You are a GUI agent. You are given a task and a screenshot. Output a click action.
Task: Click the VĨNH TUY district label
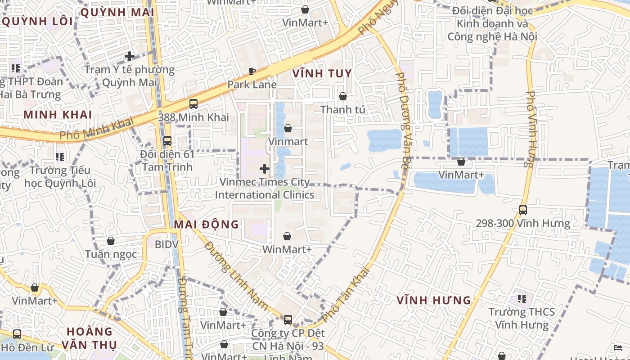(x=322, y=74)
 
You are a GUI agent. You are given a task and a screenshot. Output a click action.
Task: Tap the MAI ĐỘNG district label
(x=207, y=224)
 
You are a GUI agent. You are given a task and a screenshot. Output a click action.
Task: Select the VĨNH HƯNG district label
(x=434, y=300)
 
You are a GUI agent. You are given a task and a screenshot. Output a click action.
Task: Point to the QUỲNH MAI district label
(x=117, y=13)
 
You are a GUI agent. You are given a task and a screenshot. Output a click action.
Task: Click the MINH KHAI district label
(x=58, y=115)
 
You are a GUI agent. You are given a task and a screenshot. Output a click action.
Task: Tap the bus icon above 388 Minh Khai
(x=193, y=104)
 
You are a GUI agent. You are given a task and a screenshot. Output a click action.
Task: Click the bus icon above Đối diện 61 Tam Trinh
(x=167, y=141)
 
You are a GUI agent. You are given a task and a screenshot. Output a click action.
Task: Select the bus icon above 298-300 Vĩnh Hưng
(x=523, y=210)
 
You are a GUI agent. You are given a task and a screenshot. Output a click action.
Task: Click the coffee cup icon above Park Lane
(x=252, y=71)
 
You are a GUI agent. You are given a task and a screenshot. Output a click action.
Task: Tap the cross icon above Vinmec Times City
(x=265, y=169)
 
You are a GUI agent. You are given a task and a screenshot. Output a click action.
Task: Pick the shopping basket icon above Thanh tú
(x=343, y=96)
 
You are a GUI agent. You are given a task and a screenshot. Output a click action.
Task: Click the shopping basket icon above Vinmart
(x=288, y=128)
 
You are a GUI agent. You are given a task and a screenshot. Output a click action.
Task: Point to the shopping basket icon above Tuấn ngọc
(x=111, y=241)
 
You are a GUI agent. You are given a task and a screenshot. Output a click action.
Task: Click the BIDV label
(x=166, y=244)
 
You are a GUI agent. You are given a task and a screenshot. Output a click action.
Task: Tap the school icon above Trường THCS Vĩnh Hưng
(x=522, y=298)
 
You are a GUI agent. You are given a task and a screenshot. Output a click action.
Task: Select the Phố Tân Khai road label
(x=346, y=294)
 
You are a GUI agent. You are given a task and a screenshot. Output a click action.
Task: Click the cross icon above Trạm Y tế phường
(x=130, y=56)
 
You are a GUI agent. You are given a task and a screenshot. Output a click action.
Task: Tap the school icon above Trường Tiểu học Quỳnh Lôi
(x=60, y=157)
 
